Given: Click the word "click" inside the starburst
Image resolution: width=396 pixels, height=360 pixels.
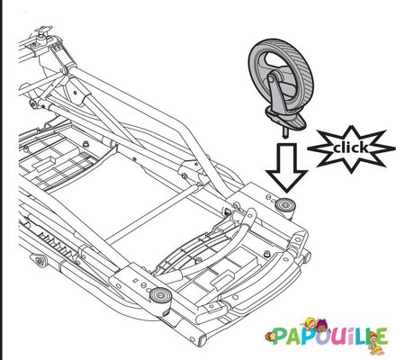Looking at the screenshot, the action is click(x=350, y=148).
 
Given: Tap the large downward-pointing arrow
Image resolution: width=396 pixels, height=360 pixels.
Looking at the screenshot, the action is click(x=286, y=167).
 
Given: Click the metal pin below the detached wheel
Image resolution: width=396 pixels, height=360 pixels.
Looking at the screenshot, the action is click(x=285, y=132).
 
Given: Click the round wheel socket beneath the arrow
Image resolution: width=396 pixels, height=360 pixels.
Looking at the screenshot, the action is click(x=285, y=206).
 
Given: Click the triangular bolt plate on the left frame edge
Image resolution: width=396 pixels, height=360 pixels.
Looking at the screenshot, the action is click(x=38, y=260).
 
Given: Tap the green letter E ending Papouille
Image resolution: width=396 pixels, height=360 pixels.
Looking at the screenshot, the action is click(x=380, y=337).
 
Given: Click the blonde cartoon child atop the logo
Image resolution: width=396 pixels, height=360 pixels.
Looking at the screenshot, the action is click(x=310, y=323).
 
